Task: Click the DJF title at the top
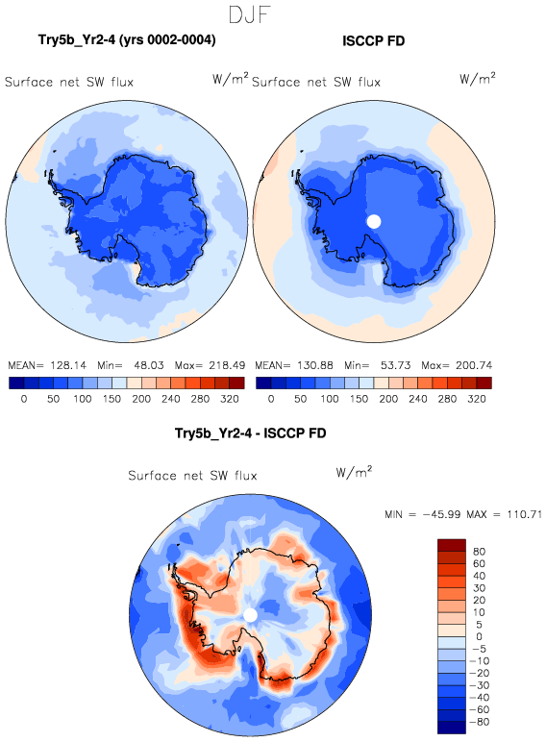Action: (249, 14)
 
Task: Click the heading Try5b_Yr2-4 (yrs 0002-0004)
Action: (127, 39)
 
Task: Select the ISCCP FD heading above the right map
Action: (373, 41)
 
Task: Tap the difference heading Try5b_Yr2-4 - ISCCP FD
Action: (250, 433)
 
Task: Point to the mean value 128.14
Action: (68, 365)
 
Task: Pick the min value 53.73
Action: (395, 365)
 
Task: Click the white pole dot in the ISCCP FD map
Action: (374, 221)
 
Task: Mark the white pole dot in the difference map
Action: (250, 615)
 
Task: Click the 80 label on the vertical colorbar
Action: (479, 552)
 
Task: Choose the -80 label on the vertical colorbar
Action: (479, 722)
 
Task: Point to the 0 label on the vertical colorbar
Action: (479, 636)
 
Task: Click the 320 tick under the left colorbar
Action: (230, 399)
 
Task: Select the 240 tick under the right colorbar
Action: (418, 399)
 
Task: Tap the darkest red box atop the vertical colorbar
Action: (452, 545)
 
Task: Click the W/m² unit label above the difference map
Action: (354, 472)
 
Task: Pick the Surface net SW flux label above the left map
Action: (69, 83)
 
